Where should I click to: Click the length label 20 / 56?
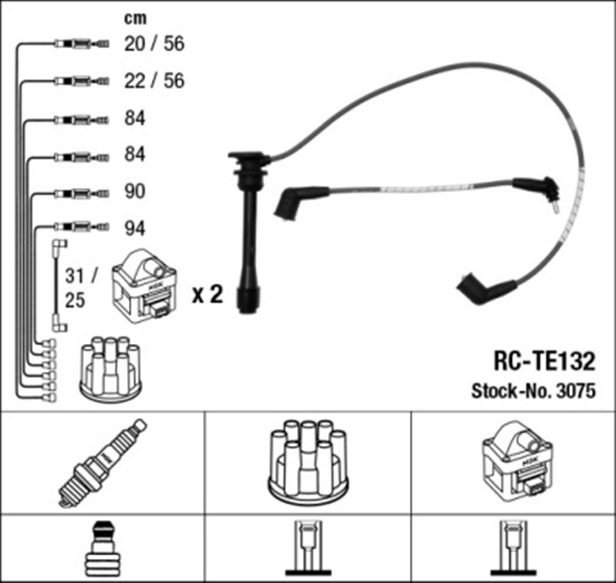[x=154, y=44]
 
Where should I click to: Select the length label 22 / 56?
[x=154, y=81]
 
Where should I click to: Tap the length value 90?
[x=135, y=191]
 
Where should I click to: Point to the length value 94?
[x=135, y=228]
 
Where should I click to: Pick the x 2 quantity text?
[x=207, y=295]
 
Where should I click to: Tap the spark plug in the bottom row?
[x=102, y=463]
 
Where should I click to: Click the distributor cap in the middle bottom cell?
[x=307, y=464]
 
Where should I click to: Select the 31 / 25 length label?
[x=74, y=287]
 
